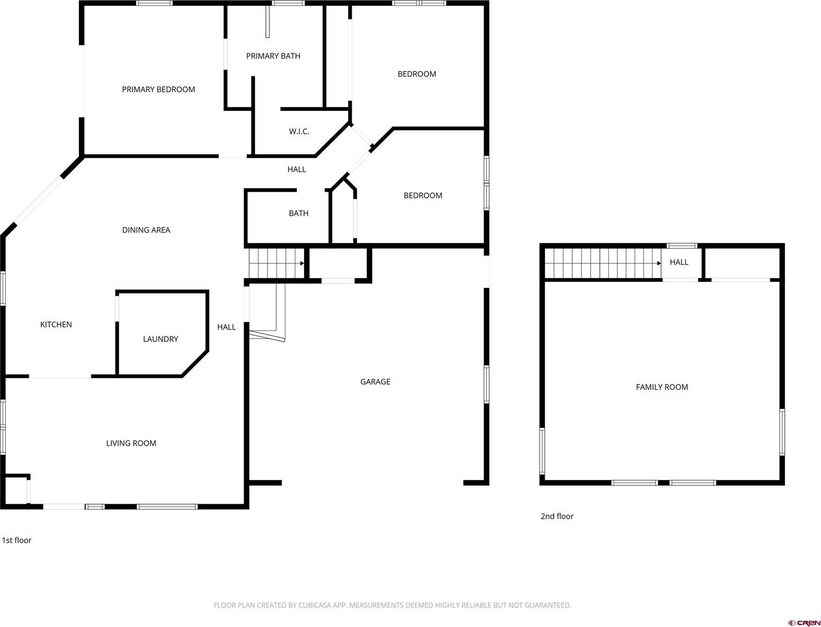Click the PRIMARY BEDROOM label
[158, 89]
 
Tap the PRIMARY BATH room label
[273, 56]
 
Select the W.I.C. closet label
[299, 131]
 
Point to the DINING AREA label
[146, 230]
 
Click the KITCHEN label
[56, 324]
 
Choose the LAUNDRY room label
[160, 339]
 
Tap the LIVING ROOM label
[131, 443]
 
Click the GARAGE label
[375, 381]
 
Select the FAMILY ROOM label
[662, 387]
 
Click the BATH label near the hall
[298, 213]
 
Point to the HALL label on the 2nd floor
[679, 262]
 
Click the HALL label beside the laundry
[226, 327]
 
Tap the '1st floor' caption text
[17, 540]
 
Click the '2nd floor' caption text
[557, 516]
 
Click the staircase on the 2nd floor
[601, 263]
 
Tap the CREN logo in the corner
[804, 622]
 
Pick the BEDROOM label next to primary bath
[417, 74]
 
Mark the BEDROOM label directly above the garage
[423, 195]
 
